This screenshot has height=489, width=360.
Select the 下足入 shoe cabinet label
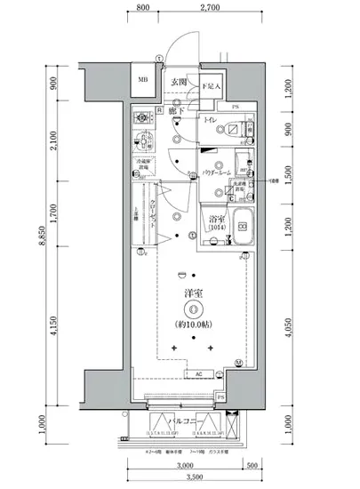(210, 86)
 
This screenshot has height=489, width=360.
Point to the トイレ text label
(212, 118)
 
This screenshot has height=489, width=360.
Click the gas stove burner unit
(142, 117)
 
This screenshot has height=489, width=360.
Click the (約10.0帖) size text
(192, 325)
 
